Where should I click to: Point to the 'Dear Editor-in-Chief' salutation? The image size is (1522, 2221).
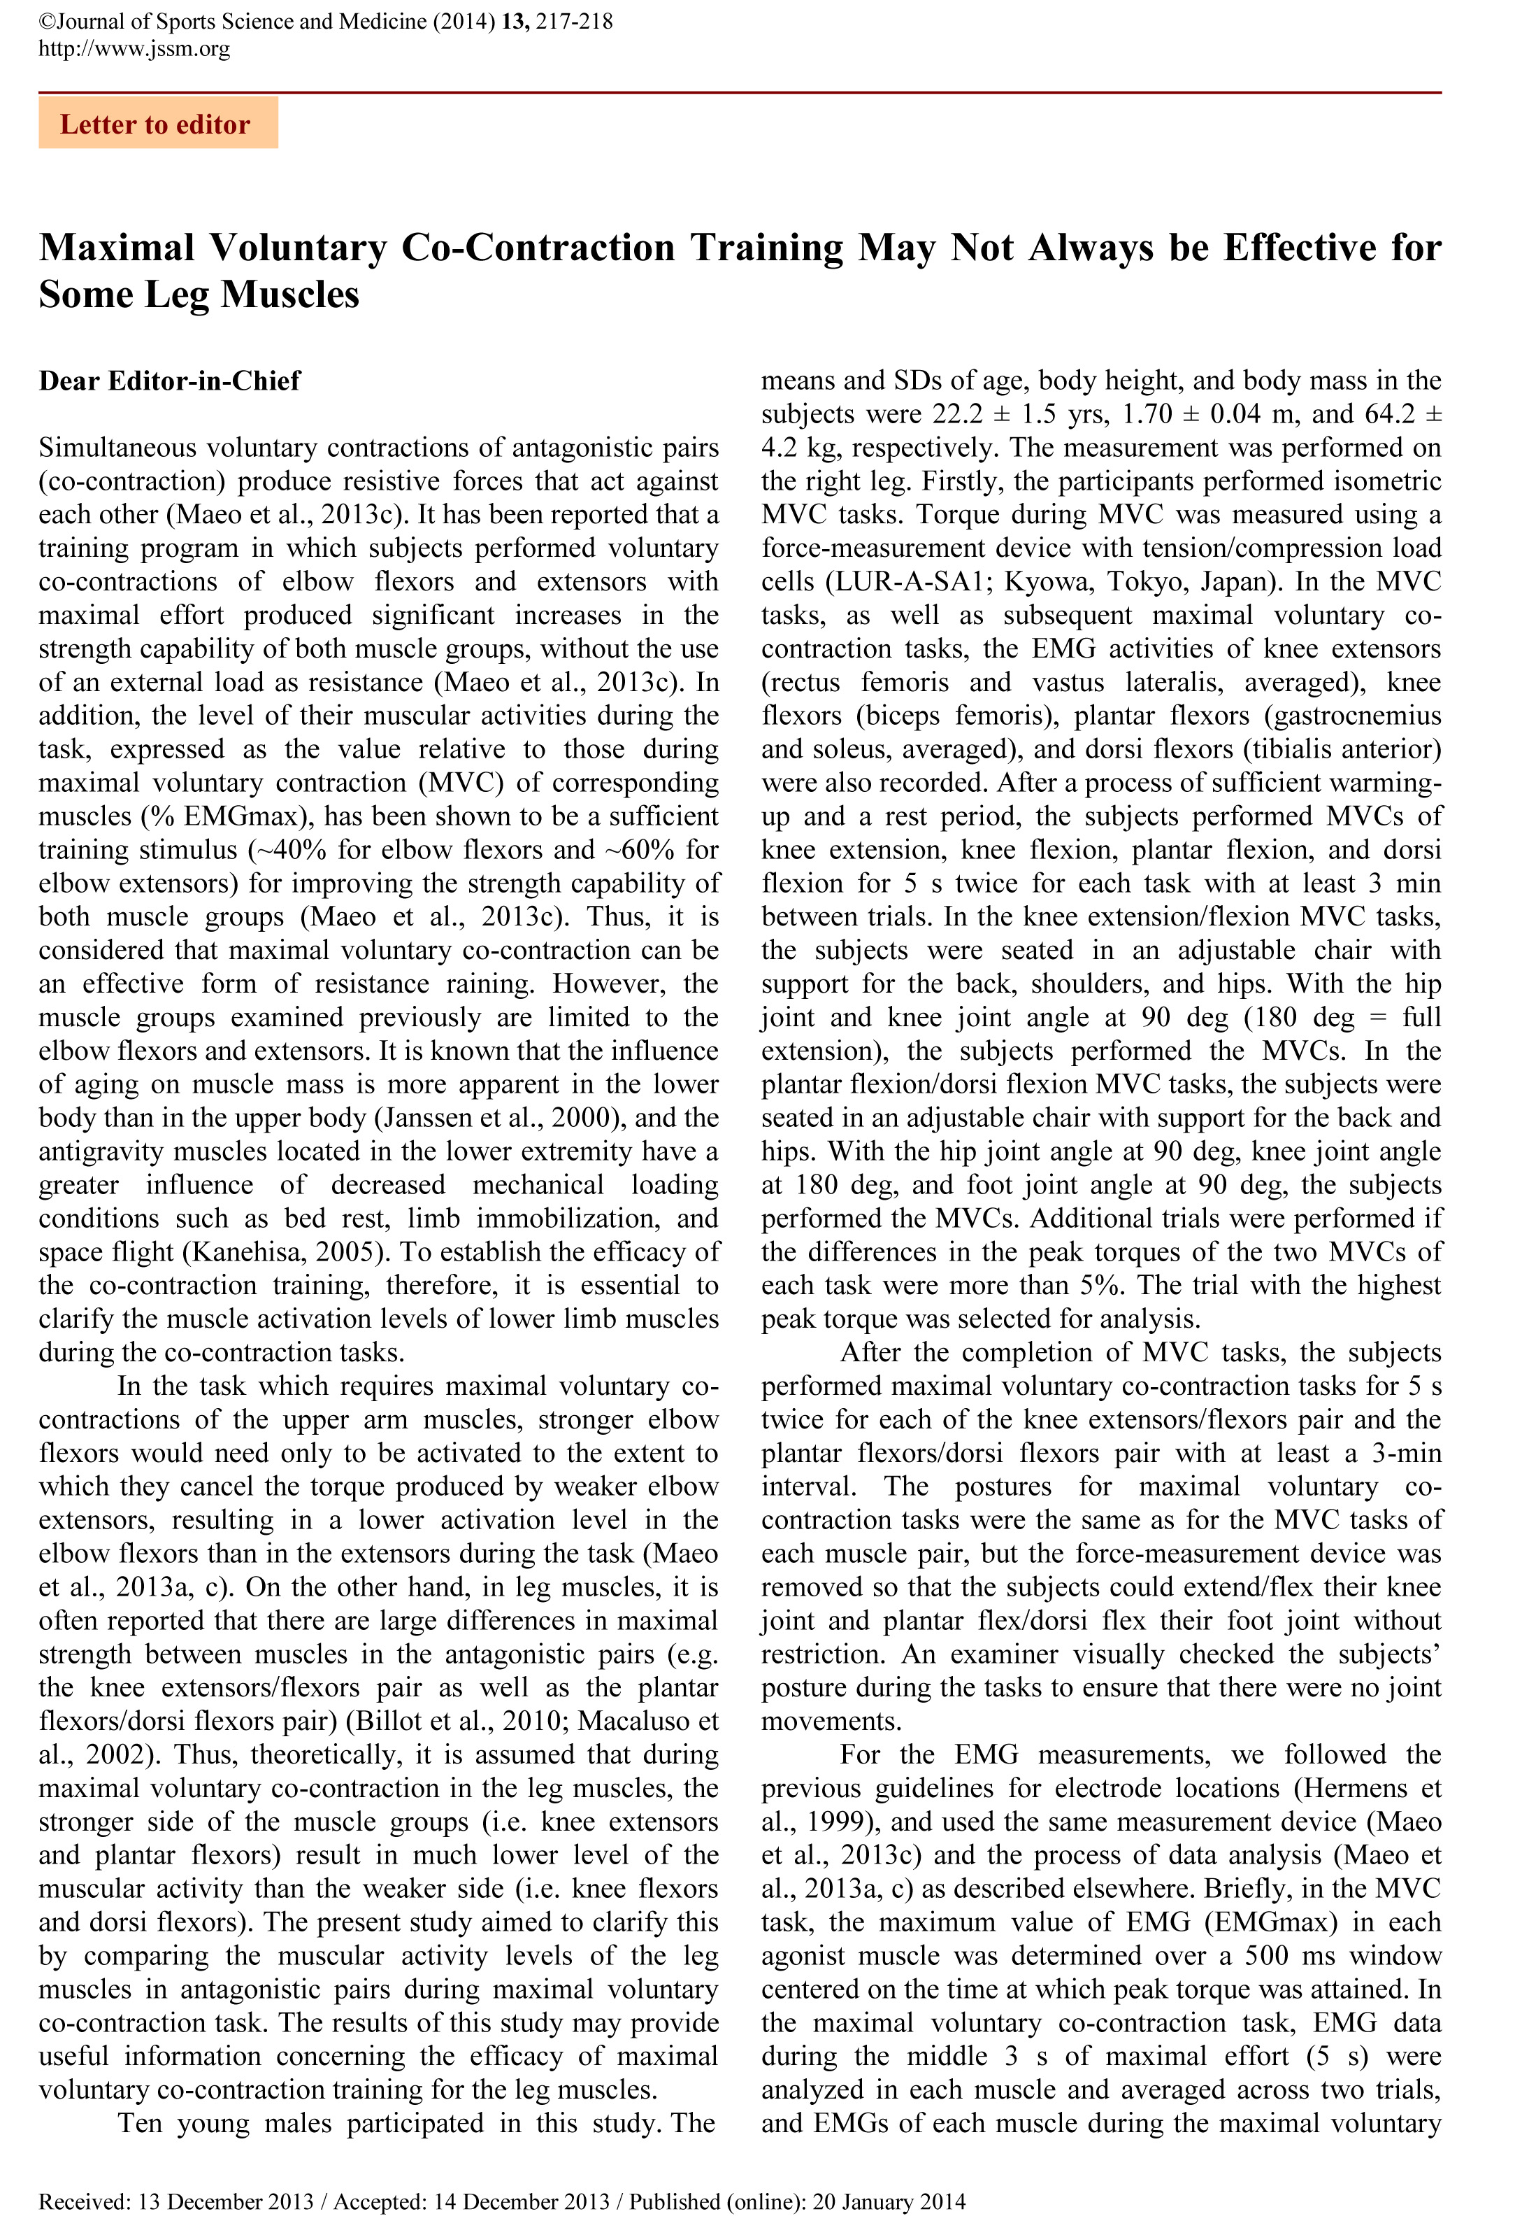169,381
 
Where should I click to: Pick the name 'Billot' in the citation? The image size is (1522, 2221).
391,1721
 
